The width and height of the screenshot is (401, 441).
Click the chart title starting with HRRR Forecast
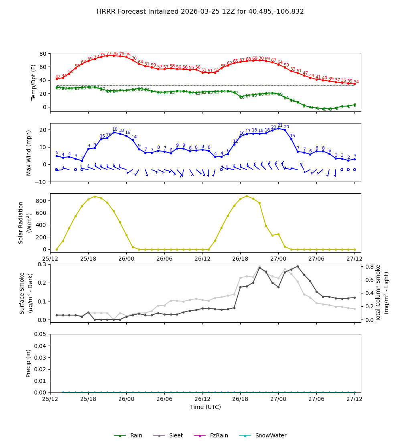pos(200,12)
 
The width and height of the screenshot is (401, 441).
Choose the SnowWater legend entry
pos(271,436)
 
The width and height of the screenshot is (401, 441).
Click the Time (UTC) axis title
pos(205,407)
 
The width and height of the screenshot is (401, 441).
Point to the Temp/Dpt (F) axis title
pos(34,82)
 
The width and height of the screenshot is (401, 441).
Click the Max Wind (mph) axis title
pos(29,152)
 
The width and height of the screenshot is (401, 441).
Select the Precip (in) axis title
pos(28,363)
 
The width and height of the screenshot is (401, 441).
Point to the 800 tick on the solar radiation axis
pos(42,200)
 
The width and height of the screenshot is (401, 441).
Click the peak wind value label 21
pos(280,125)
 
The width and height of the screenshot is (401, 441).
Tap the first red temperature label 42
pos(58,77)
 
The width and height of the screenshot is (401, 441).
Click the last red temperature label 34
pos(356,82)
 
